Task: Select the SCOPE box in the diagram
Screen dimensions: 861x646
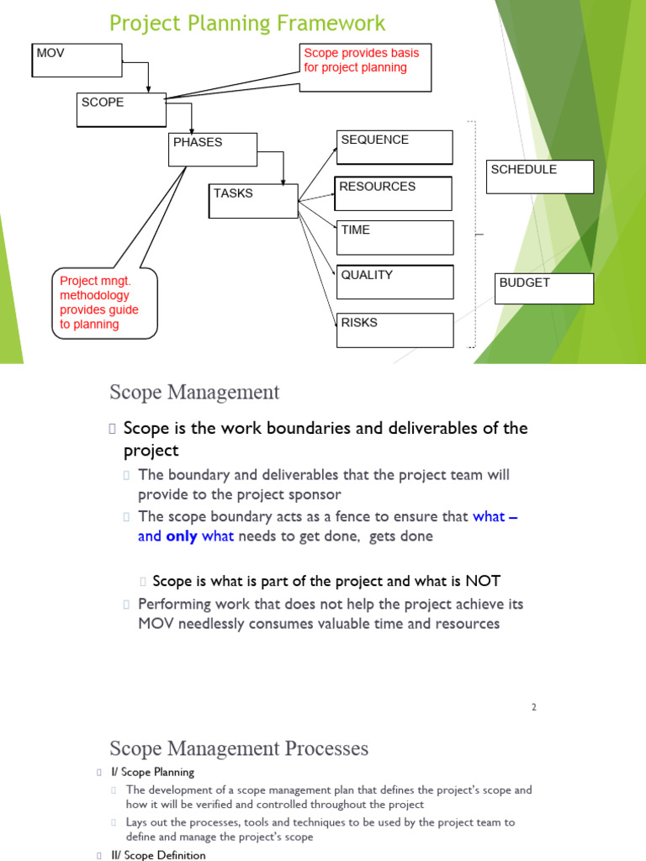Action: click(120, 110)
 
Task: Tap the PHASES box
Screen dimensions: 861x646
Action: click(212, 150)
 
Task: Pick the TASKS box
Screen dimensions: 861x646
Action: click(253, 201)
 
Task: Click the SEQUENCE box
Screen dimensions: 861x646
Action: click(394, 147)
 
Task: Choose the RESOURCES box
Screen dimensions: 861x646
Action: click(394, 193)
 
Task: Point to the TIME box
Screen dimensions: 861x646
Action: click(394, 237)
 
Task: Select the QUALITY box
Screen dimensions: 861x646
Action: click(394, 282)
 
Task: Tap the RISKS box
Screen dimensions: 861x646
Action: click(394, 330)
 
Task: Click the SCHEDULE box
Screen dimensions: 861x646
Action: click(539, 177)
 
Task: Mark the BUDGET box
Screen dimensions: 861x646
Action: click(544, 288)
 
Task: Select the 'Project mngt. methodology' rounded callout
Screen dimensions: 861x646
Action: click(104, 304)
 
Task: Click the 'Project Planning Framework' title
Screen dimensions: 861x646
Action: click(247, 24)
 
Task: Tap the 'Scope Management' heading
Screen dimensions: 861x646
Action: click(194, 392)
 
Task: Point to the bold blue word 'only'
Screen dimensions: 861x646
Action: click(182, 536)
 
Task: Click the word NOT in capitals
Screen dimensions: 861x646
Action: click(482, 581)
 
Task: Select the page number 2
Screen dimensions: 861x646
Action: click(533, 707)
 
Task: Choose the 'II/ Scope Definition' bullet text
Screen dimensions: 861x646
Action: click(164, 855)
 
